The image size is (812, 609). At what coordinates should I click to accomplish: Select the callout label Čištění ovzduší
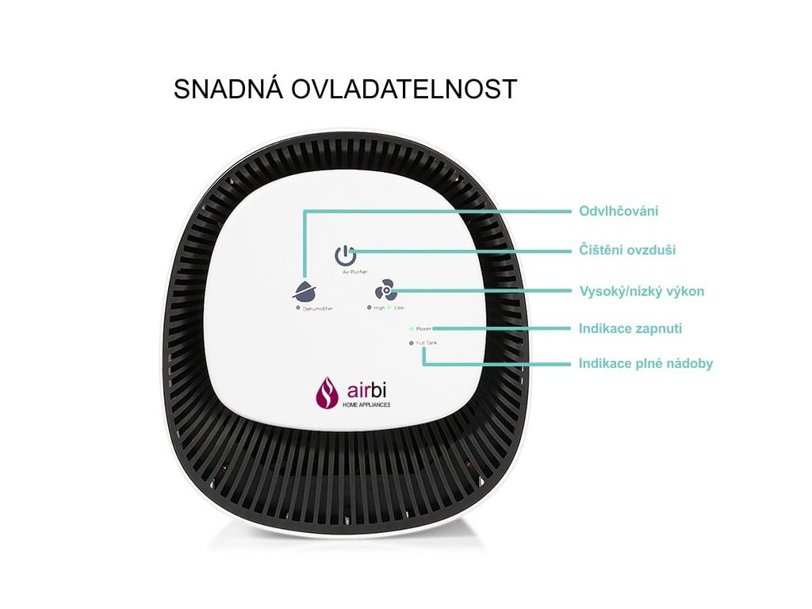click(628, 251)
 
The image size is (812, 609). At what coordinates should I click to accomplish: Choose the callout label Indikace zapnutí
click(631, 328)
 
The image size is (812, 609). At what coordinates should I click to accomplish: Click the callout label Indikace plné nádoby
click(646, 364)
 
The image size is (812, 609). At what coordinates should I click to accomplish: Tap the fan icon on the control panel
click(385, 290)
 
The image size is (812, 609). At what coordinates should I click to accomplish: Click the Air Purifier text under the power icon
click(355, 271)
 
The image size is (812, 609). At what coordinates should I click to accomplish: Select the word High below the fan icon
click(379, 307)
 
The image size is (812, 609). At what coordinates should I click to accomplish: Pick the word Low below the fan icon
click(399, 307)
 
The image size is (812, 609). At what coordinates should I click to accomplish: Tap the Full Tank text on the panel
click(427, 343)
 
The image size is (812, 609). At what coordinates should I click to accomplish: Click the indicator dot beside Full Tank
click(411, 343)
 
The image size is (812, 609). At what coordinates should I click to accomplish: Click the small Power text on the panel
click(423, 327)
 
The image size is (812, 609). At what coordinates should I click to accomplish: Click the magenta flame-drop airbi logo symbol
click(326, 392)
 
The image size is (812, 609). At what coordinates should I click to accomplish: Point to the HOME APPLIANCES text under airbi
click(366, 405)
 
